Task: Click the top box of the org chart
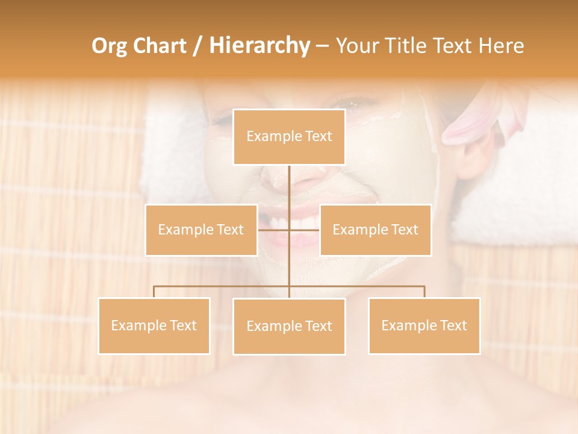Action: [289, 137]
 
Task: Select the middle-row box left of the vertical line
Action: [201, 230]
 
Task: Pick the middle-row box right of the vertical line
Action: [375, 230]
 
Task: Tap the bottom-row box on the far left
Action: [154, 325]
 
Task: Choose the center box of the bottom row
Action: [289, 326]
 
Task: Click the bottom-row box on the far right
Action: [424, 325]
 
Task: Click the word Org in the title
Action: [109, 46]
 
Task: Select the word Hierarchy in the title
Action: [259, 46]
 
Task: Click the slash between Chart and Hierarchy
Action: [197, 46]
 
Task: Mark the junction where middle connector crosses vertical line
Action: [289, 230]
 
